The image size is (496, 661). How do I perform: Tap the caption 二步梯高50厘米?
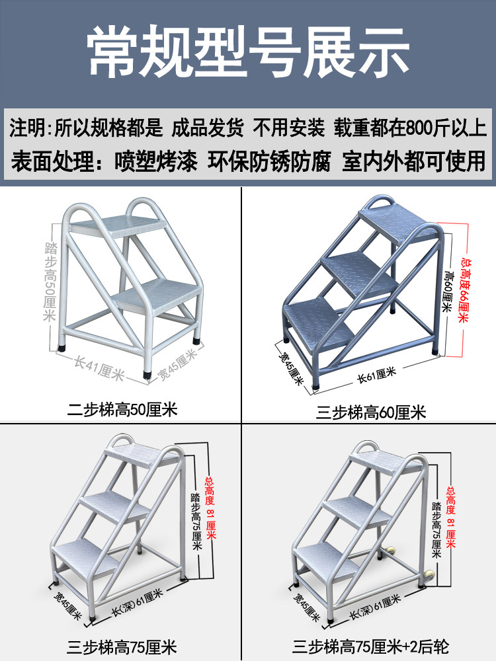coord(122,408)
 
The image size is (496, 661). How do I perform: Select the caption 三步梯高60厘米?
coord(371,412)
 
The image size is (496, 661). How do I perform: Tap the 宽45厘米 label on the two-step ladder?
coord(177,364)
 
